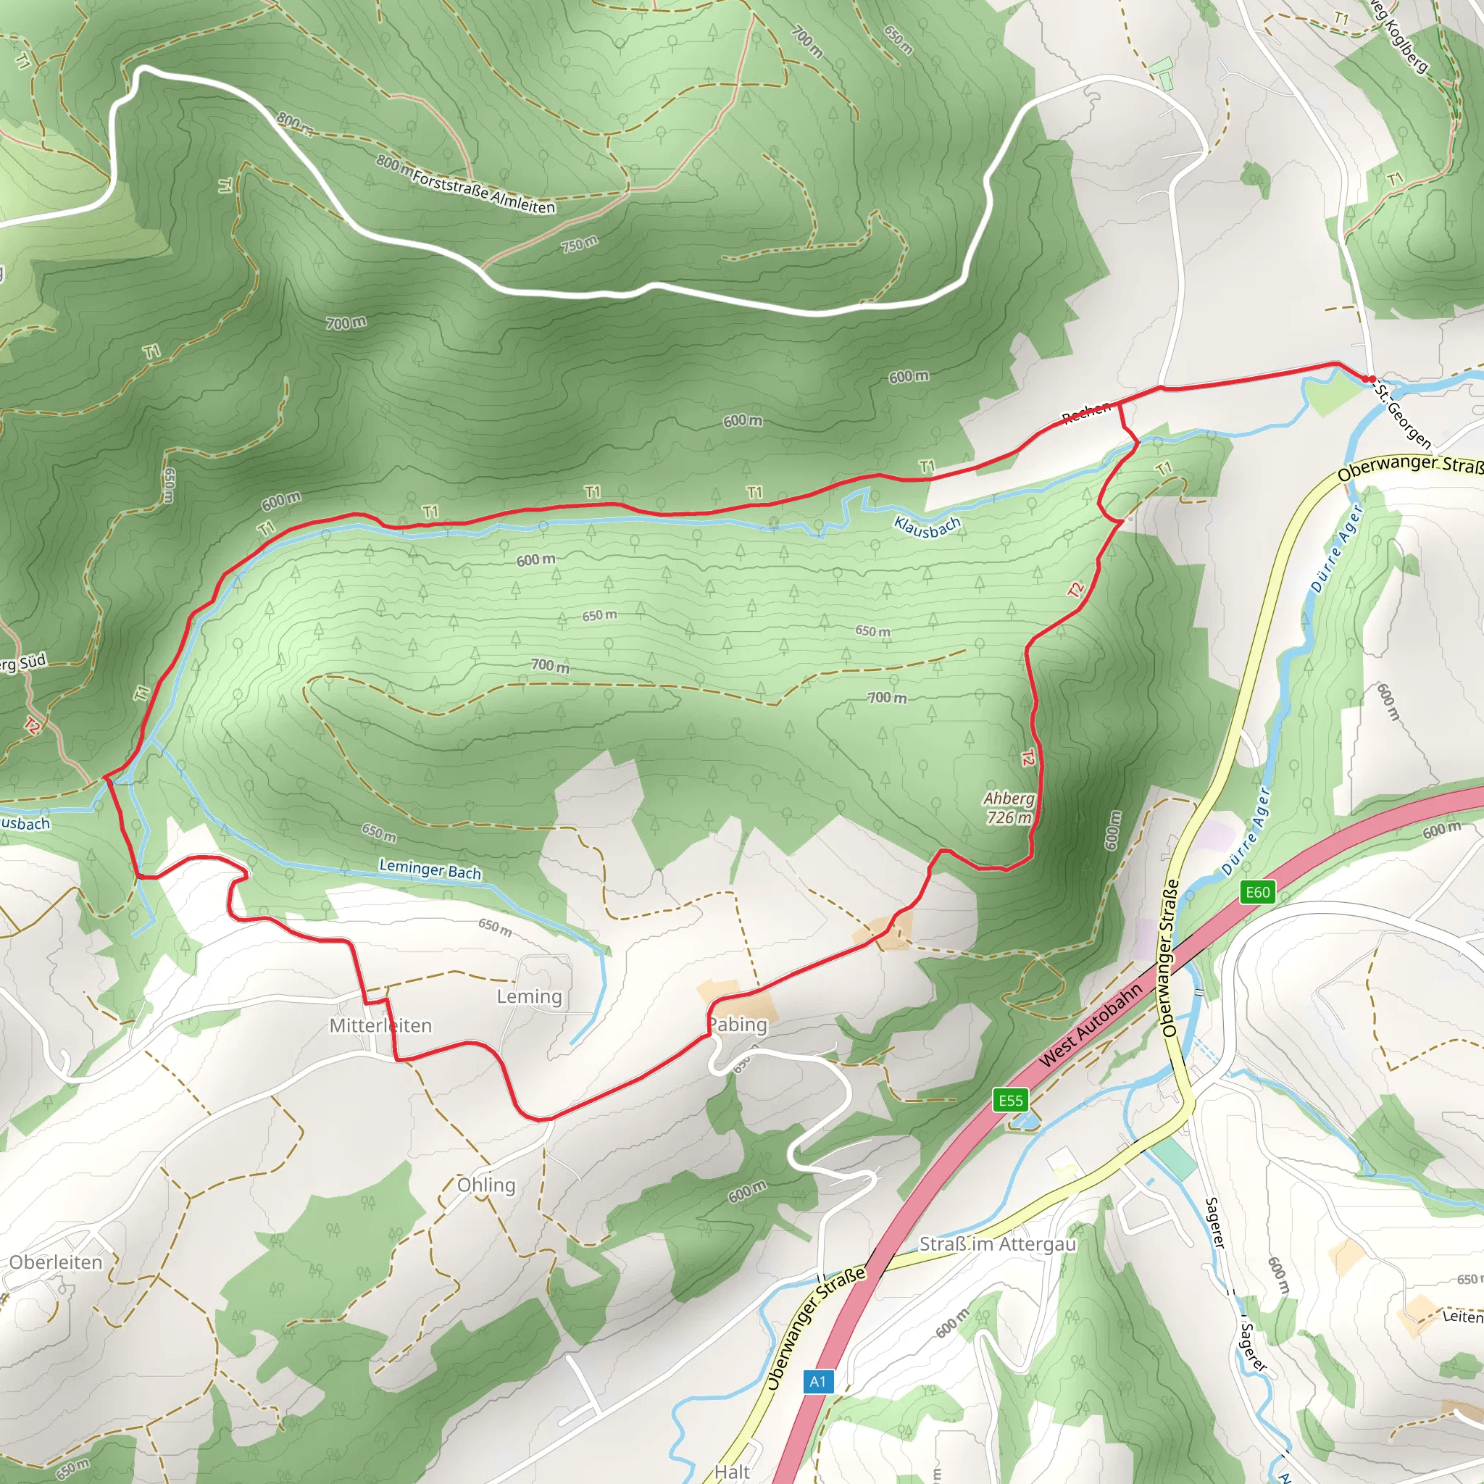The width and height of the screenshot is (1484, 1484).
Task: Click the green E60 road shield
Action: coord(1257,892)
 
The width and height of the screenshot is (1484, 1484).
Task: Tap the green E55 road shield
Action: coord(1011,1100)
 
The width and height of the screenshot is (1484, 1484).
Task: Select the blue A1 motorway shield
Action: coord(817,1382)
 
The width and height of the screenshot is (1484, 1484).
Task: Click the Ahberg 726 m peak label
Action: coord(1009,808)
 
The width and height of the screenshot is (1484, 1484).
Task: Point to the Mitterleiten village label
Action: coord(380,1025)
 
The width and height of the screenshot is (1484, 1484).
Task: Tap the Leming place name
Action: coord(529,996)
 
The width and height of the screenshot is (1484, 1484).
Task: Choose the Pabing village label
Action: coord(738,1024)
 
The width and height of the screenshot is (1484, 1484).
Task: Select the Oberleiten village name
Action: coord(55,1262)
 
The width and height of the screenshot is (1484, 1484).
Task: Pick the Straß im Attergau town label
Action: coord(998,1243)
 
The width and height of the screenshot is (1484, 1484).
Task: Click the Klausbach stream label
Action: coord(927,527)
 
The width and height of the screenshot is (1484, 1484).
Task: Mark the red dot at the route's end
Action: coord(1371,379)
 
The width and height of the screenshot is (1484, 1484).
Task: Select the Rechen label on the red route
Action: coord(1086,412)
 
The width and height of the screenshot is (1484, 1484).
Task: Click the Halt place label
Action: coord(731,1472)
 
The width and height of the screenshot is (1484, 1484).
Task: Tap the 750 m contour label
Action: coord(579,244)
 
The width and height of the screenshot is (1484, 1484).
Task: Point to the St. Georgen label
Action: coord(1404,414)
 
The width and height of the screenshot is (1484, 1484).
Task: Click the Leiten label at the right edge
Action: coord(1462,1316)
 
